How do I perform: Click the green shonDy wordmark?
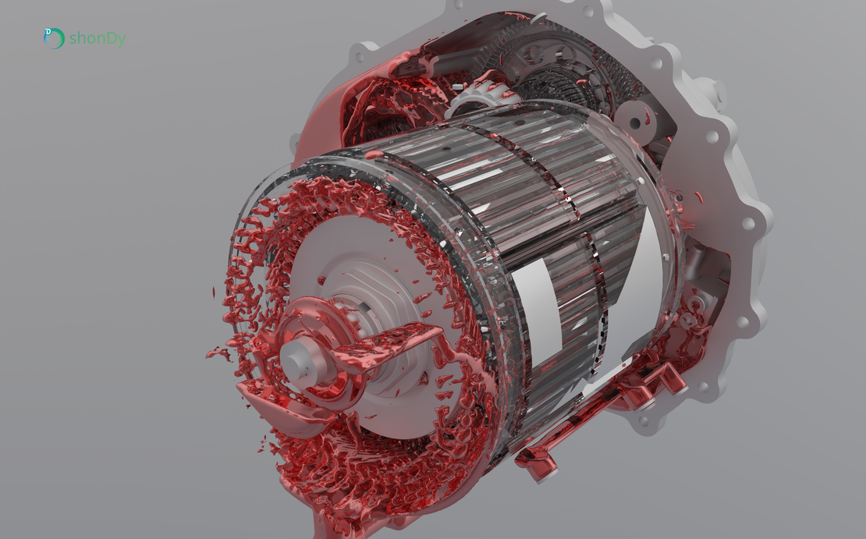tap(97, 38)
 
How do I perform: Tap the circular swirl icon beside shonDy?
tap(54, 38)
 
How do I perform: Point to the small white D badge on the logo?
tap(48, 32)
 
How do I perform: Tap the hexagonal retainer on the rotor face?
tap(367, 289)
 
